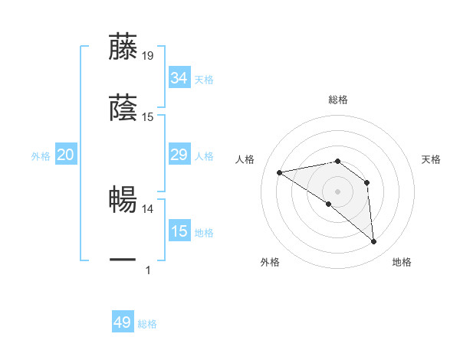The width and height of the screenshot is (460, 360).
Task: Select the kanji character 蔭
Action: [x=123, y=109]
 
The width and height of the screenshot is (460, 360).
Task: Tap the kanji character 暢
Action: [x=123, y=199]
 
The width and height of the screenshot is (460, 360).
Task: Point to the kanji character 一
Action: [x=123, y=260]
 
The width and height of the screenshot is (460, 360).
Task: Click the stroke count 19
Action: [x=148, y=56]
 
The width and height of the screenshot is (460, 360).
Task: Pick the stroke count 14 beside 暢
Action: [x=148, y=208]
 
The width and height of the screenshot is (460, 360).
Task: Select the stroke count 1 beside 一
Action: [x=148, y=270]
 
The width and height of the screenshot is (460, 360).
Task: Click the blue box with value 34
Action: [x=179, y=78]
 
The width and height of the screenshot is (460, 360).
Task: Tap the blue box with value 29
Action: [x=179, y=155]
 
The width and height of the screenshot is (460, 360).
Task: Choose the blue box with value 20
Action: [x=65, y=155]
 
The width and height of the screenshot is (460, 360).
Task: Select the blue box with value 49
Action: [x=122, y=323]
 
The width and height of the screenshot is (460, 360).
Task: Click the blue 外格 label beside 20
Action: [x=41, y=156]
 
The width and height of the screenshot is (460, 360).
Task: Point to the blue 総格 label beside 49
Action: [x=147, y=324]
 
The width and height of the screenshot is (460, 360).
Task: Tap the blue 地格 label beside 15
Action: [x=204, y=233]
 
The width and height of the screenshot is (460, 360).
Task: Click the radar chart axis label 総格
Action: [x=338, y=100]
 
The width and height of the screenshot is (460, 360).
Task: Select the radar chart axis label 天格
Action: [x=432, y=159]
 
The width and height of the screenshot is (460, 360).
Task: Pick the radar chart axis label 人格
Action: [x=245, y=159]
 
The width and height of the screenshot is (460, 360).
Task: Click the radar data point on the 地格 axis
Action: [x=373, y=242]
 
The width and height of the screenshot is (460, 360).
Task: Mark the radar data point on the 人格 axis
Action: [x=280, y=172]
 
